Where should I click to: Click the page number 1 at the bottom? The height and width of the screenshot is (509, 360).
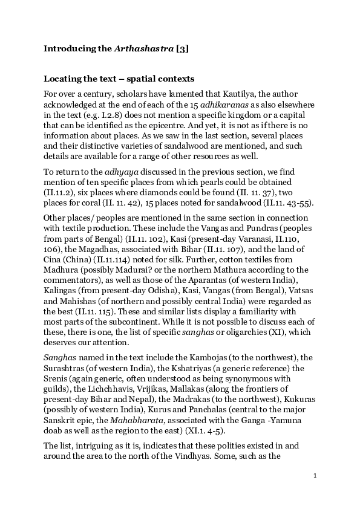coord(315,476)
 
